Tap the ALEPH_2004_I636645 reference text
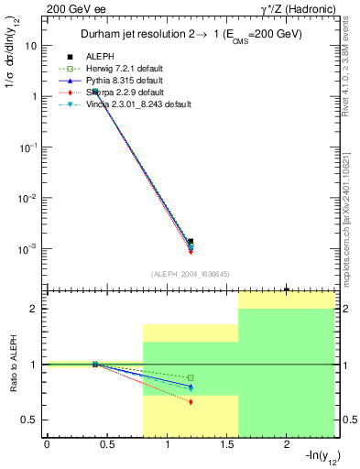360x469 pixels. pyautogui.click(x=190, y=273)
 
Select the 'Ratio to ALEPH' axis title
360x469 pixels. pyautogui.click(x=13, y=365)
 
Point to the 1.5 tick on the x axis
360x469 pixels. pyautogui.click(x=226, y=445)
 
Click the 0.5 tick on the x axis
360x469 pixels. pyautogui.click(x=106, y=445)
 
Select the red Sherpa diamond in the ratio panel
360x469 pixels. pyautogui.click(x=191, y=401)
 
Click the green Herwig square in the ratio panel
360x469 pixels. pyautogui.click(x=191, y=377)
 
